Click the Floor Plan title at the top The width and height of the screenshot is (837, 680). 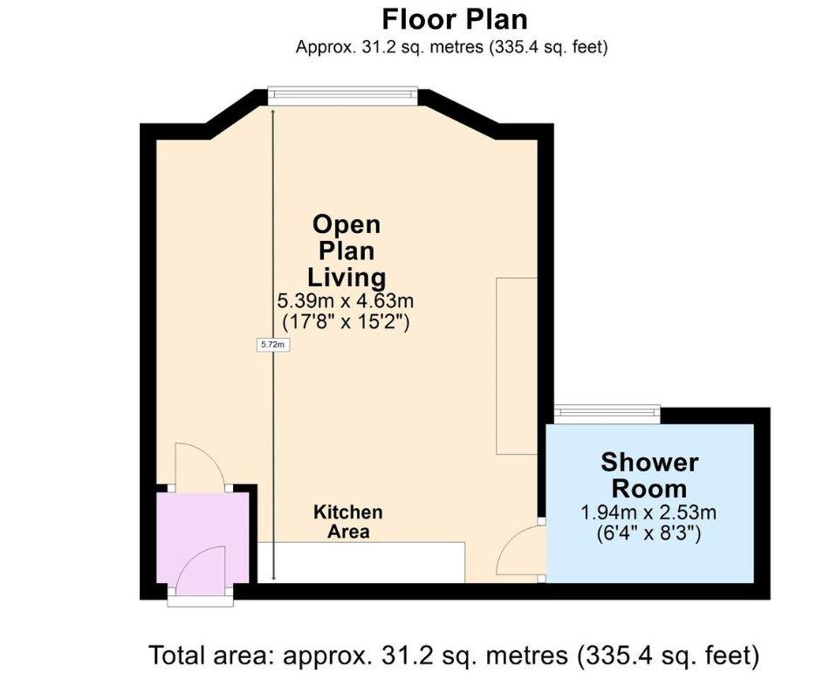coord(454,18)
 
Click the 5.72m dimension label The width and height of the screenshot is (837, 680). coord(272,345)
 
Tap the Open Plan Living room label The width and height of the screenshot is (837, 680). coord(346,251)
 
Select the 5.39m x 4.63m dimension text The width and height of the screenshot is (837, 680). coord(346,301)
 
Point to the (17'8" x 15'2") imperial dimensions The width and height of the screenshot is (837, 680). coord(346,322)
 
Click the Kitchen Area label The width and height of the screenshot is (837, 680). coord(348,522)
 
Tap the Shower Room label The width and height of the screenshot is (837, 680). coord(649,475)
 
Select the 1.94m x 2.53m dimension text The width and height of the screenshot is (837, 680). coord(649,512)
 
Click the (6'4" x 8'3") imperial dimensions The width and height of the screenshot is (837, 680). coord(649,532)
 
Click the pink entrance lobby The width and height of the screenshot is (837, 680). coord(201,541)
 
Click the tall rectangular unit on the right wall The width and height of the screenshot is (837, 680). coord(516,366)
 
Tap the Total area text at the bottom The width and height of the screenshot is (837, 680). coord(454,654)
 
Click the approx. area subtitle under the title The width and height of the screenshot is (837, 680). coord(451,47)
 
